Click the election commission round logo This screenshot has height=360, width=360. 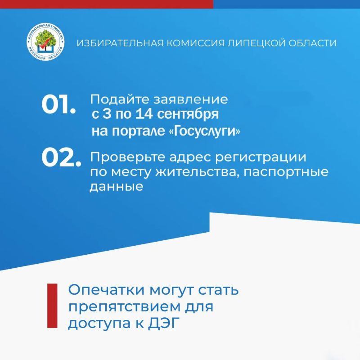click(45, 42)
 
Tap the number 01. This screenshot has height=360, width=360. click(59, 104)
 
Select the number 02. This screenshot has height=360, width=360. click(61, 158)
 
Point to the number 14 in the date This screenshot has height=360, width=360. click(144, 114)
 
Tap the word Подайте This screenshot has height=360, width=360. click(120, 100)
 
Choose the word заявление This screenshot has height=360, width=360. click(190, 100)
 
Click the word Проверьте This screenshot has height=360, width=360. click(127, 157)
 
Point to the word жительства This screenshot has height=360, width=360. click(196, 172)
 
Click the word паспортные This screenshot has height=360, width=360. click(286, 172)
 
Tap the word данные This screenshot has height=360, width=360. click(117, 186)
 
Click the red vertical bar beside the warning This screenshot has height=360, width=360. click(52, 306)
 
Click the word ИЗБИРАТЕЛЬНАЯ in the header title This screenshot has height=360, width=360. click(120, 43)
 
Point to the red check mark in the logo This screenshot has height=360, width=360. click(47, 43)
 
